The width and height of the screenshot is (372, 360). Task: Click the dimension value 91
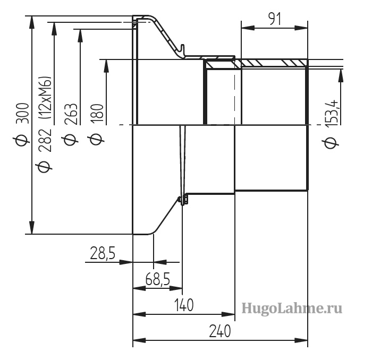(275, 19)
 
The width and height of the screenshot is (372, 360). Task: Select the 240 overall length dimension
(219, 331)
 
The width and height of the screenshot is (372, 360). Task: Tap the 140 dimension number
(184, 305)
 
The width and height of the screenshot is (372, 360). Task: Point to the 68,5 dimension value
(158, 279)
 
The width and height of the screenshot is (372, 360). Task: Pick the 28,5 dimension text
(103, 253)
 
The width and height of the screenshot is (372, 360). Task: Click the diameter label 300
(23, 113)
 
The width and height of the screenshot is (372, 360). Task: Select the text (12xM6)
(45, 97)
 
